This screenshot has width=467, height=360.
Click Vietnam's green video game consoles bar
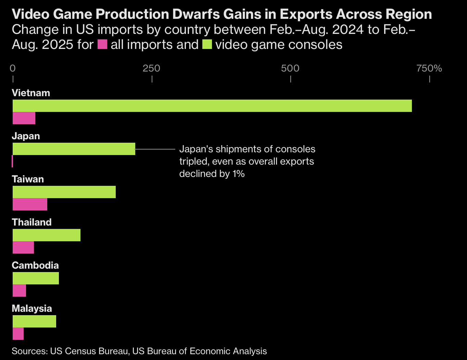coord(212,106)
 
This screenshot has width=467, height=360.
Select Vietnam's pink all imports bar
coord(24,118)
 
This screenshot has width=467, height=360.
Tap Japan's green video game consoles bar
coord(74,149)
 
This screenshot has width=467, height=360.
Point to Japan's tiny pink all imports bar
coord(12,161)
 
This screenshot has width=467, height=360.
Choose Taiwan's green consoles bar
coord(64,192)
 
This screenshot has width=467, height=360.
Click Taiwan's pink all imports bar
coord(30,204)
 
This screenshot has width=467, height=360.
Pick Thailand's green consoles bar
coord(47,235)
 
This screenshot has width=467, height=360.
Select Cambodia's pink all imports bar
coord(19,291)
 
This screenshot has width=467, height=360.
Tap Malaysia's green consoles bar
coord(34,321)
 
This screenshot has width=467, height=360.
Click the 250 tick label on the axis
coord(151,68)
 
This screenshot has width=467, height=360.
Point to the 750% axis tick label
coord(429,68)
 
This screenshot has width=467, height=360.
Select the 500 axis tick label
coord(290,68)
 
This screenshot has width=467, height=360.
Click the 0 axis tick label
coord(13,68)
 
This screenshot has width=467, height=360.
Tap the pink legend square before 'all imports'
coord(102,45)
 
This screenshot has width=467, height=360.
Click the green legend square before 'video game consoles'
coord(207,45)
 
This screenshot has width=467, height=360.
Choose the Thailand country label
coord(31,222)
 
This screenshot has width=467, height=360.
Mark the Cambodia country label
coord(35,266)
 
